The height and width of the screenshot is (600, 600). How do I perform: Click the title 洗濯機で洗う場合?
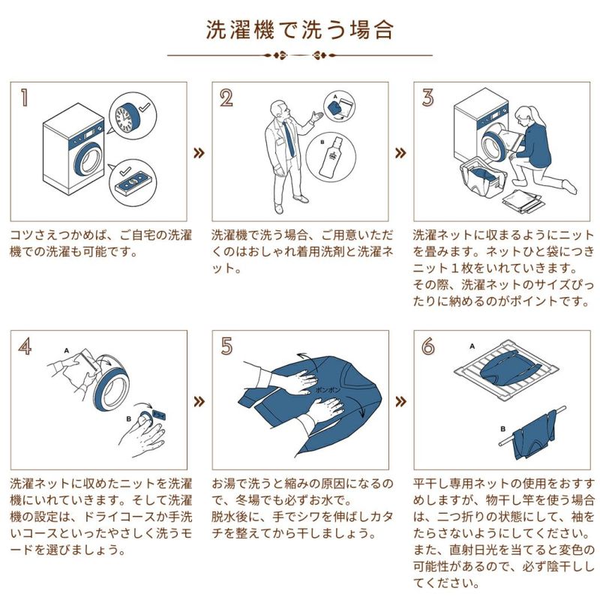pyautogui.click(x=300, y=29)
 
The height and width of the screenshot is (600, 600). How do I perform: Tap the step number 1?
pyautogui.click(x=25, y=97)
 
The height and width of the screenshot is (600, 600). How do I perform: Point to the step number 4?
pyautogui.click(x=25, y=346)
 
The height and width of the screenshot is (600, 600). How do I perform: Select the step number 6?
pyautogui.click(x=428, y=346)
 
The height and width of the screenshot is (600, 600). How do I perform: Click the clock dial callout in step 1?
pyautogui.click(x=133, y=115)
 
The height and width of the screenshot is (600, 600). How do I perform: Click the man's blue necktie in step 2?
pyautogui.click(x=289, y=139)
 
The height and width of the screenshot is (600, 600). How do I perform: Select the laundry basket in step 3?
pyautogui.click(x=484, y=180)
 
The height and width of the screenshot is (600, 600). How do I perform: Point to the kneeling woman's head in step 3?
pyautogui.click(x=525, y=115)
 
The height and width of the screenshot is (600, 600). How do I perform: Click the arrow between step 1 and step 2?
pyautogui.click(x=199, y=153)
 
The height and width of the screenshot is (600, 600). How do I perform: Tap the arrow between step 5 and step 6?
pyautogui.click(x=400, y=401)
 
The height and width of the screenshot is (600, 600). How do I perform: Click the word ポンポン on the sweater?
pyautogui.click(x=328, y=390)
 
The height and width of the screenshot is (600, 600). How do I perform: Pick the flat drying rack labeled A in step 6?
pyautogui.click(x=506, y=370)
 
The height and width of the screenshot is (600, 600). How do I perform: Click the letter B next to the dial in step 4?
pyautogui.click(x=128, y=419)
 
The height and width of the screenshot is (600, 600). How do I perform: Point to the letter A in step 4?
pyautogui.click(x=67, y=350)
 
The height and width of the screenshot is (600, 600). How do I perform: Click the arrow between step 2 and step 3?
pyautogui.click(x=400, y=153)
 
